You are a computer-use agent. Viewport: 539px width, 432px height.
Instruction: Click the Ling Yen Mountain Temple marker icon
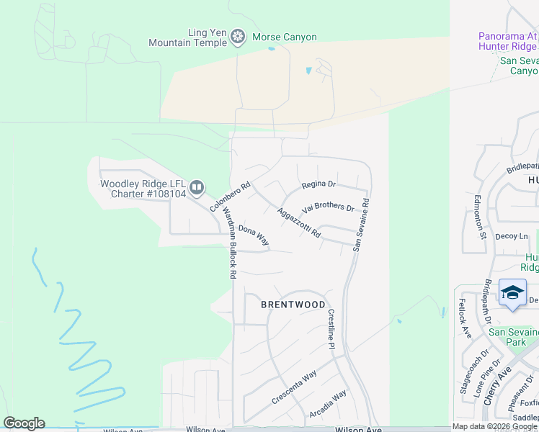(x=238, y=37)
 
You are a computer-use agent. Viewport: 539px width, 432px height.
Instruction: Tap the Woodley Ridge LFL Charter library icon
(x=197, y=189)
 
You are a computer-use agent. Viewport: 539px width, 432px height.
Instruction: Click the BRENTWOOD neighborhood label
(x=293, y=305)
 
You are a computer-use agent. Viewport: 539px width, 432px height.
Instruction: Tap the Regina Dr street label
(x=319, y=185)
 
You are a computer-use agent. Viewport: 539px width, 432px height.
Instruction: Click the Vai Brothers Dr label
(x=329, y=208)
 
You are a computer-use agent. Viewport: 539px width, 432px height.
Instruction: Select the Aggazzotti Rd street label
(x=298, y=223)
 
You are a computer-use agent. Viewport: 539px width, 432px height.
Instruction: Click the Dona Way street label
(x=254, y=235)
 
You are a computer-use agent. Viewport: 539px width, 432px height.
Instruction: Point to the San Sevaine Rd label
(x=361, y=225)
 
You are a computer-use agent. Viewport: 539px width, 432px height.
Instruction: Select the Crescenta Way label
(x=294, y=387)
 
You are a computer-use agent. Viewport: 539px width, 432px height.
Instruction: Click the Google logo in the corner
(x=24, y=423)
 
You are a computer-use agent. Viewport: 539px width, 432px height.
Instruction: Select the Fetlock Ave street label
(x=465, y=318)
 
